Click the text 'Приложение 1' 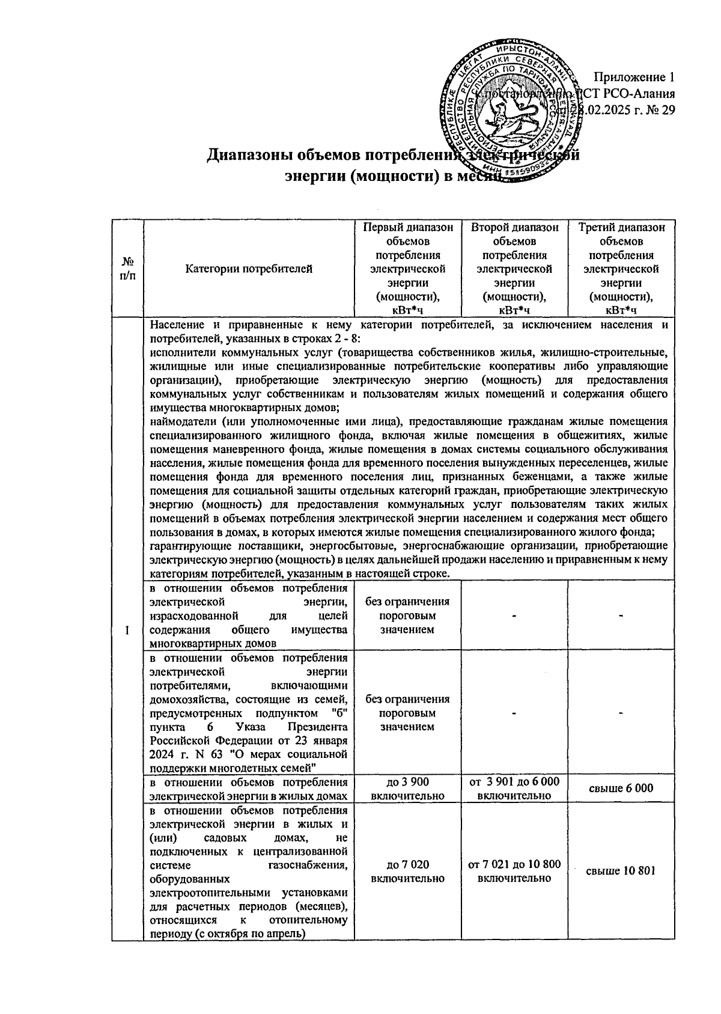point(634,77)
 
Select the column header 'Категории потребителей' point(249,269)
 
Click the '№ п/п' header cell point(127,269)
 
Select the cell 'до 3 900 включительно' point(408,788)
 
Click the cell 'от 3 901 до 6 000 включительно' point(515,788)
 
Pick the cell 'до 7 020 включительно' point(408,871)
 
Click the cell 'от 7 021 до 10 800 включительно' point(515,871)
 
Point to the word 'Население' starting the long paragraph point(176,325)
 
